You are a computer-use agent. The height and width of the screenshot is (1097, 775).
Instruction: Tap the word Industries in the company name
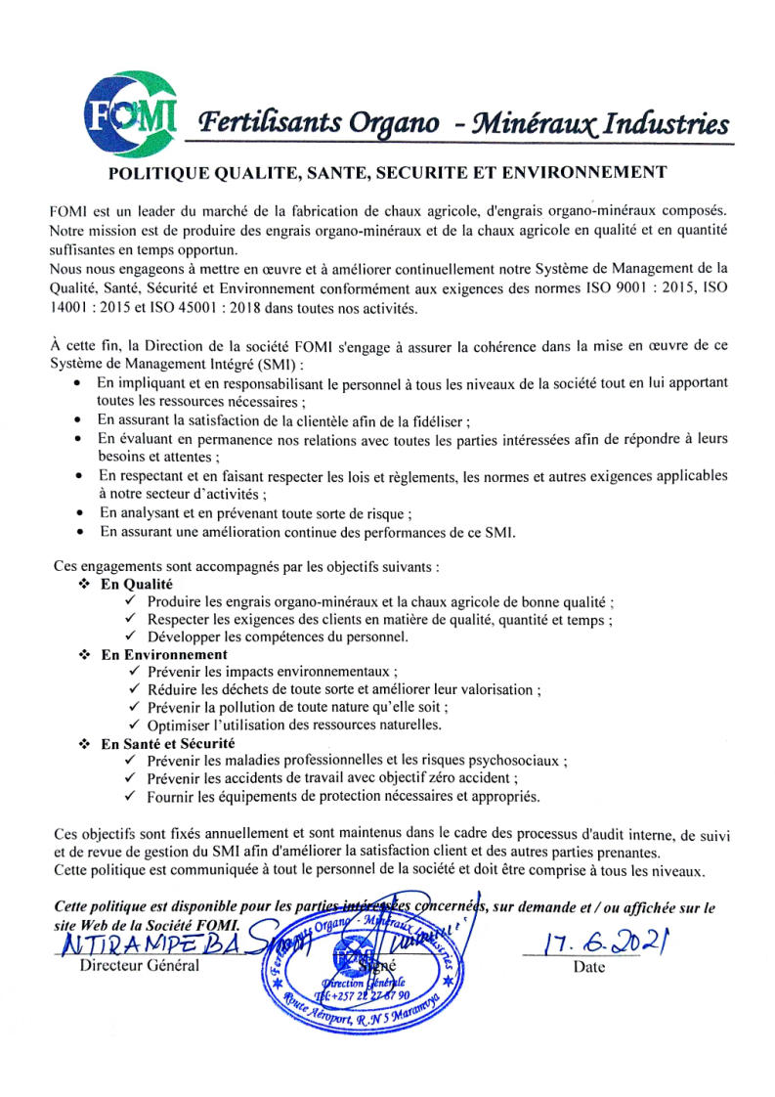pos(666,125)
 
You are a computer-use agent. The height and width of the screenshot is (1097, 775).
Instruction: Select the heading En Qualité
pos(137,584)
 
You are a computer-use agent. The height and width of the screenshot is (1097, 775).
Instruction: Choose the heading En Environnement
pos(164,654)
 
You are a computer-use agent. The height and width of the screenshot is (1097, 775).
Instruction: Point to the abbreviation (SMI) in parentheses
pos(226,364)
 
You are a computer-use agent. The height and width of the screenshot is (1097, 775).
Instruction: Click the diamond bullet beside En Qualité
pos(83,584)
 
